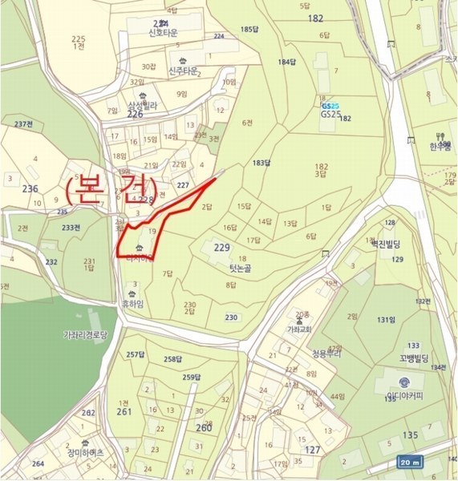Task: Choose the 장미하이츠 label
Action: point(84,452)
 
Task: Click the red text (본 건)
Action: point(109,189)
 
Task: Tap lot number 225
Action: point(78,39)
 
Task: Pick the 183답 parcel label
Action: point(258,163)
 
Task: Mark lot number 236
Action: point(30,188)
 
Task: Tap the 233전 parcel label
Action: point(71,227)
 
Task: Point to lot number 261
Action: point(124,411)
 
